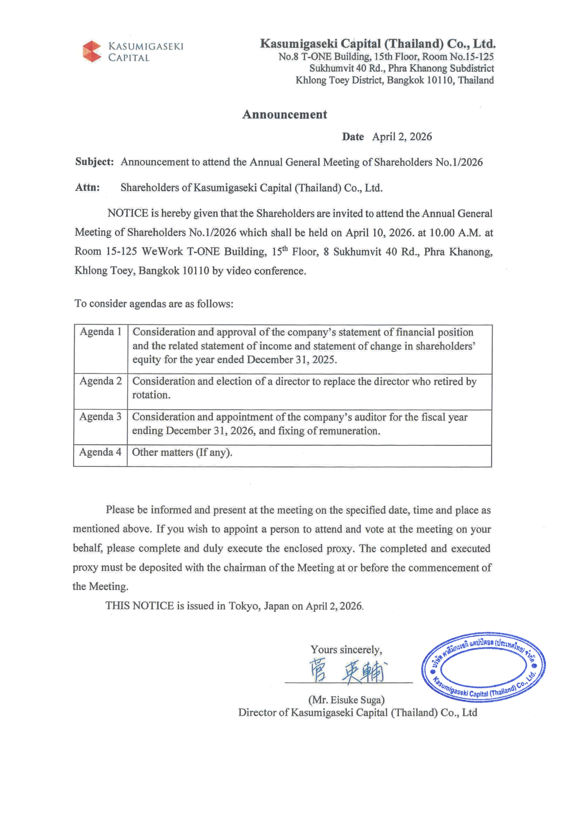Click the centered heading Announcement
point(284,114)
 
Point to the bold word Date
point(353,137)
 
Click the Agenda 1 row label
point(101,332)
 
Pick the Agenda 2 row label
point(101,381)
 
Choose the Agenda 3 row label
point(100,416)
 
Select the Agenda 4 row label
point(100,452)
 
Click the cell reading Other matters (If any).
point(182,453)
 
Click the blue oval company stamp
point(484,667)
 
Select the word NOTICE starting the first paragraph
point(128,213)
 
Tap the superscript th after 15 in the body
point(285,248)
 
